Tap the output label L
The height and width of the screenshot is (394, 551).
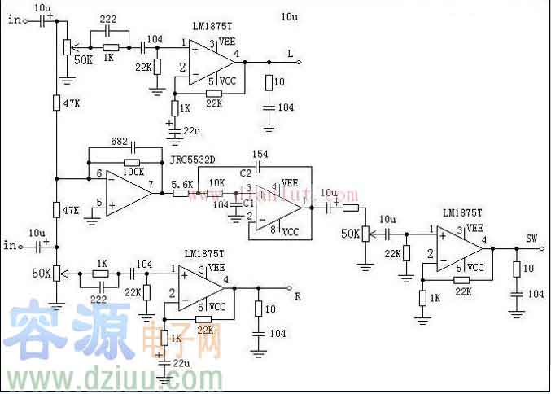pos(290,53)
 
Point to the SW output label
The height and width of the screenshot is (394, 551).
pos(531,239)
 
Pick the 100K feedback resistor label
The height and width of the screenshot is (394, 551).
pos(133,172)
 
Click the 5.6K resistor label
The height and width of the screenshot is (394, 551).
pos(182,184)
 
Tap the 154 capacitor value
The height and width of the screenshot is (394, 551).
pos(259,155)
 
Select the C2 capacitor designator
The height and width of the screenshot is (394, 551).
pos(245,173)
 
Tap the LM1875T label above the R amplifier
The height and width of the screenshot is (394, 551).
pos(203,254)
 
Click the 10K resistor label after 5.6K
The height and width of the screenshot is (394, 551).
pos(216,182)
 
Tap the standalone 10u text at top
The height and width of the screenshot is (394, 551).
pos(288,17)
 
